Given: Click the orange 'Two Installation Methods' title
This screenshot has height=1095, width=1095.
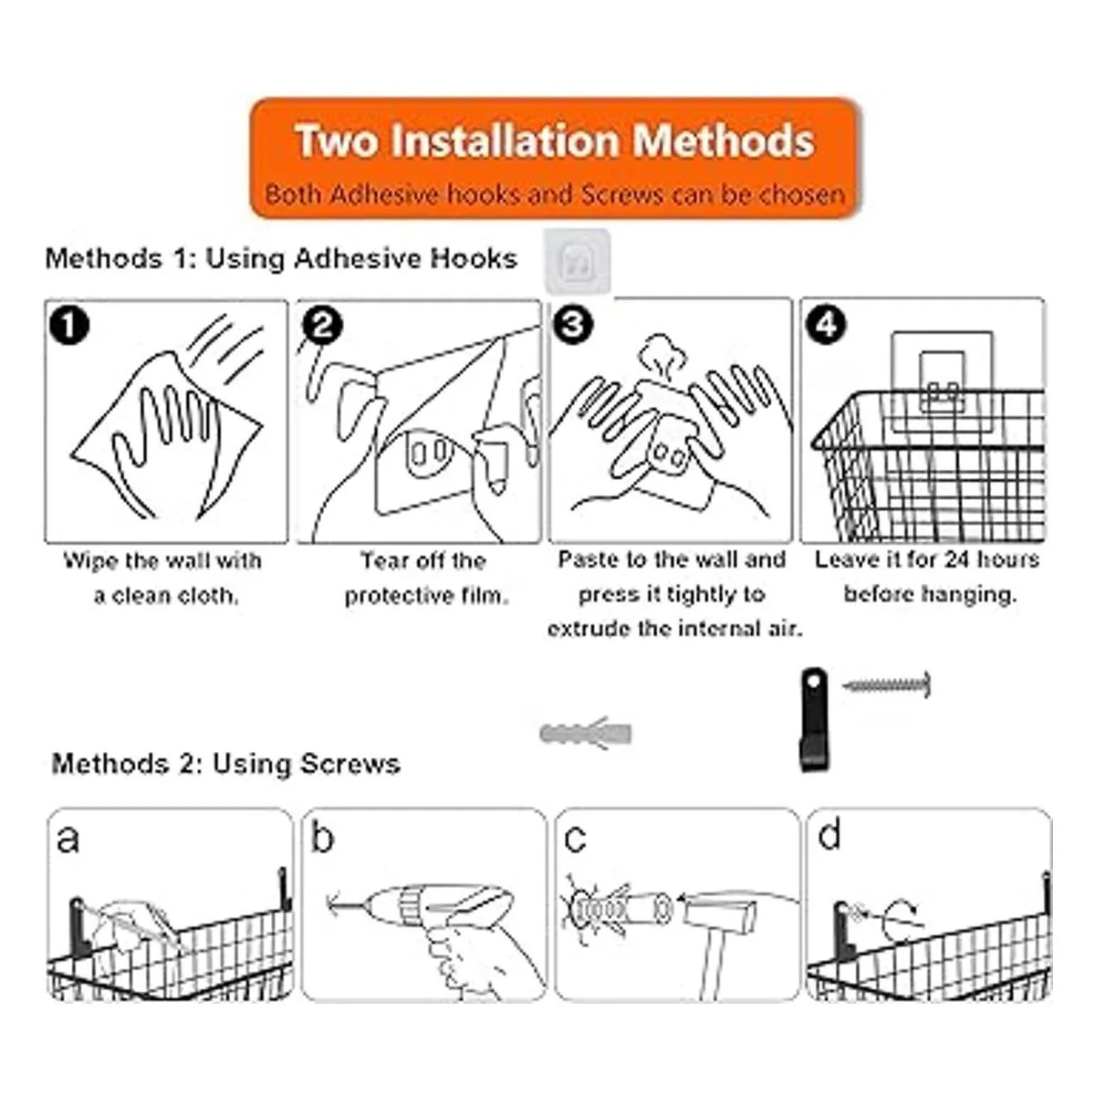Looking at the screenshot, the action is point(555,141).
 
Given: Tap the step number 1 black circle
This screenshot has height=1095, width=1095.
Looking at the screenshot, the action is point(69,326).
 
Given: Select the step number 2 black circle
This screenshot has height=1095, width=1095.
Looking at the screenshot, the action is point(323,326).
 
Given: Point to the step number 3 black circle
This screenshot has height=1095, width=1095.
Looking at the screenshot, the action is point(573,325).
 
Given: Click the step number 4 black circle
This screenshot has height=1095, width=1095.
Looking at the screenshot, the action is point(826,325).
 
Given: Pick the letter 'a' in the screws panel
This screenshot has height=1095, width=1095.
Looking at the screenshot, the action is point(68,839).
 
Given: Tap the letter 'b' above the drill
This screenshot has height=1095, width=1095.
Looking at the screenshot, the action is point(323,836).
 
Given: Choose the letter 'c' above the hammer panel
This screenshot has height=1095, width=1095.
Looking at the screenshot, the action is point(575,839).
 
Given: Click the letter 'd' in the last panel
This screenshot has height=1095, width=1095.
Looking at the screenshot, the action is point(829,835).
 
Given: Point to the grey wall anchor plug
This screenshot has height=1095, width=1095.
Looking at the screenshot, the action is point(585,734).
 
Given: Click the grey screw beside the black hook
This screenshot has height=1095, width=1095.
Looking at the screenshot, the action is point(886,684).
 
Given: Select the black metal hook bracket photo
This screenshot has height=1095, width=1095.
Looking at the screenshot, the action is point(815,719).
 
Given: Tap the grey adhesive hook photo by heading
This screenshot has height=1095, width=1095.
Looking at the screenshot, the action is point(578,261).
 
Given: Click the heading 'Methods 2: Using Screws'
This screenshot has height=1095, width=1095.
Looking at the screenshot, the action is point(225,764).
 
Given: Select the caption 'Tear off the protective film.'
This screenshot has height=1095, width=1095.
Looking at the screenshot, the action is point(425,579).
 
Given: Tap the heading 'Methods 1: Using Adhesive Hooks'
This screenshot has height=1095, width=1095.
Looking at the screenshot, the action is point(281,258).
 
